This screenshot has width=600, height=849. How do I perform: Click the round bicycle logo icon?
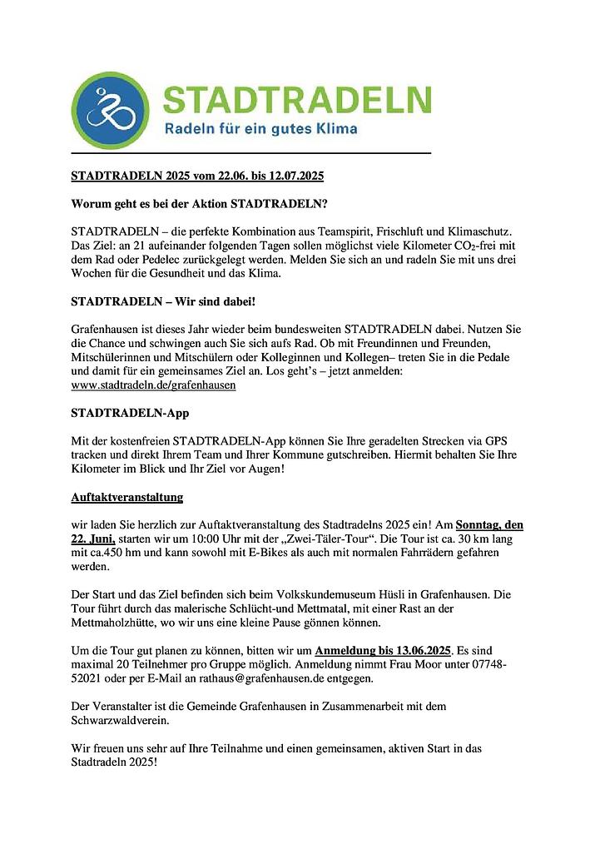click(111, 110)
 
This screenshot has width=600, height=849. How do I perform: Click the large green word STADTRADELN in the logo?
click(297, 100)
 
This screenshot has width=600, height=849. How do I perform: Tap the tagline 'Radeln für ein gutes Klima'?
click(260, 129)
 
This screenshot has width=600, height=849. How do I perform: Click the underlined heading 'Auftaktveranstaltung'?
click(127, 498)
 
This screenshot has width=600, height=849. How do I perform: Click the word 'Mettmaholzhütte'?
click(112, 623)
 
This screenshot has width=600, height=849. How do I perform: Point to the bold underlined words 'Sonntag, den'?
click(490, 525)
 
